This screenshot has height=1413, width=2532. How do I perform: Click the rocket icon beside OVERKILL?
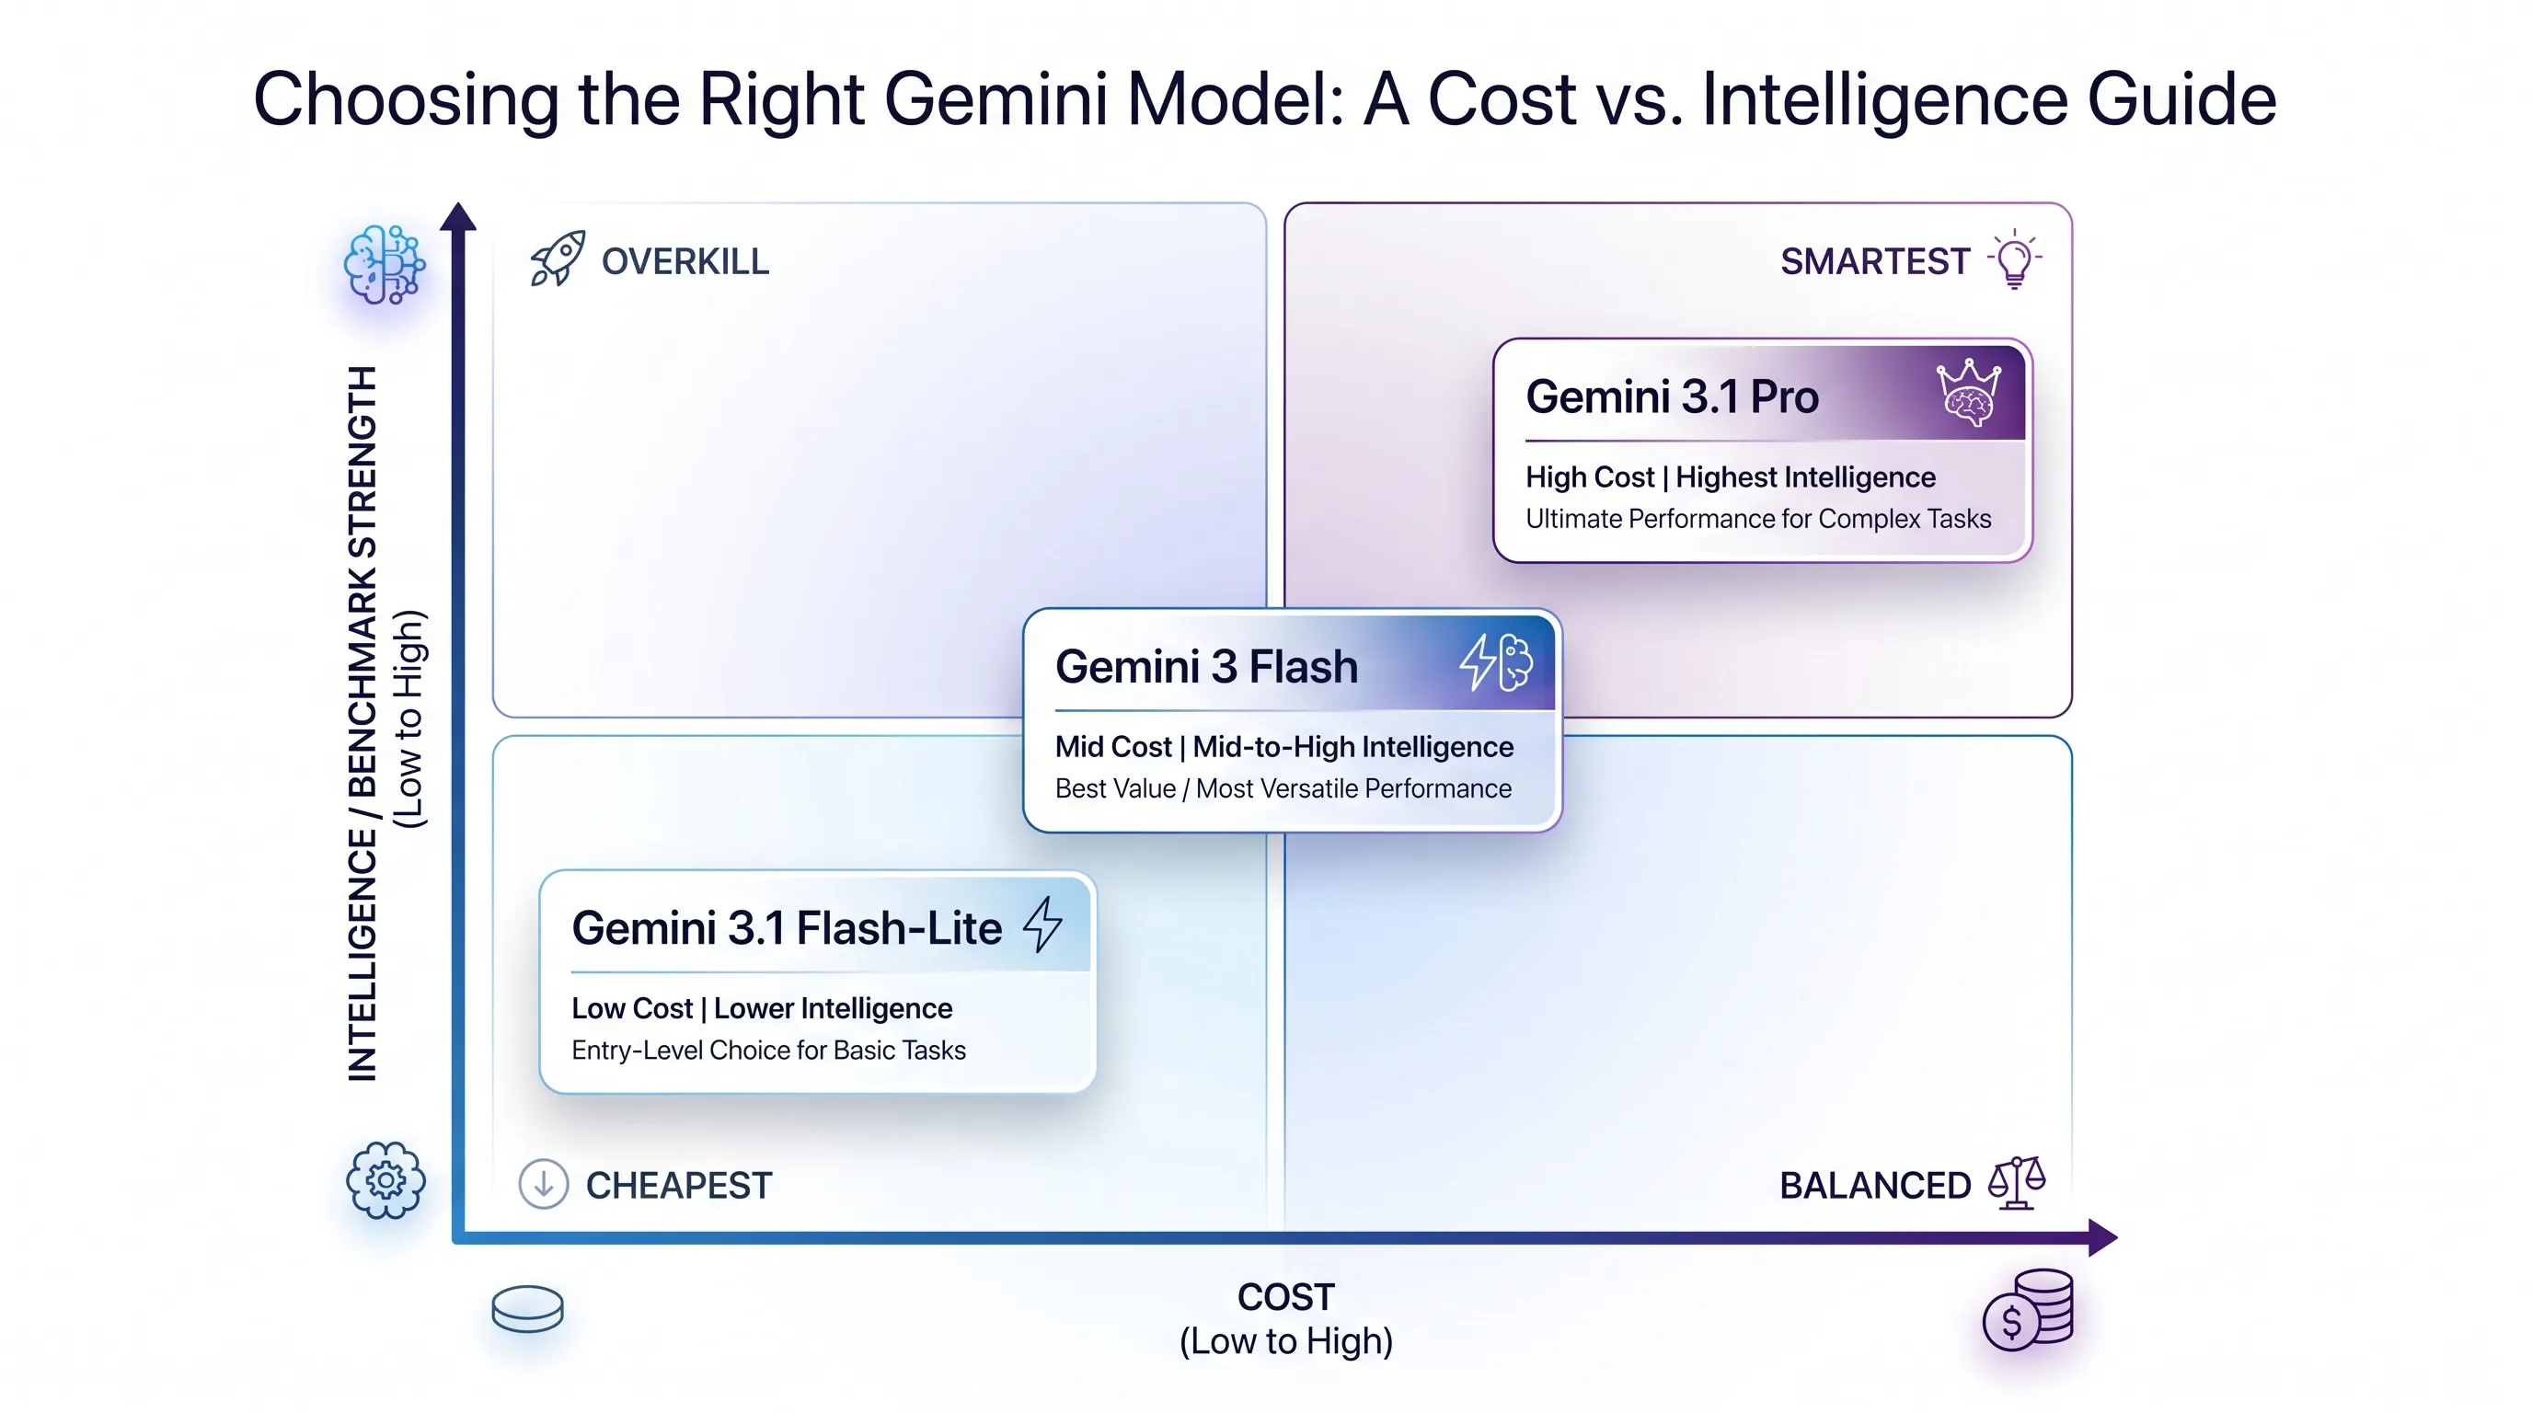click(x=558, y=258)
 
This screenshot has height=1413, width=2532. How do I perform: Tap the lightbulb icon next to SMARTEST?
click(x=2014, y=259)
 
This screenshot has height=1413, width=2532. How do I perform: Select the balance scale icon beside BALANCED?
click(x=2016, y=1183)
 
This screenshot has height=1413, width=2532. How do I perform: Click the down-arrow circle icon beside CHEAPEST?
click(x=543, y=1183)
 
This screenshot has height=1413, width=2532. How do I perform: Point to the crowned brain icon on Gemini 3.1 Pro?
click(x=1967, y=393)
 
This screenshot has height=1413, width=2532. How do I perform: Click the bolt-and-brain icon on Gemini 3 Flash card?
click(x=1496, y=662)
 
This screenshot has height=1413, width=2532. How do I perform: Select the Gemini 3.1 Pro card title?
click(x=1672, y=397)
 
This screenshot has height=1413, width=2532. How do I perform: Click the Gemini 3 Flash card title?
click(x=1206, y=667)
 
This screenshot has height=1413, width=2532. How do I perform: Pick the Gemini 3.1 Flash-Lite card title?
click(x=787, y=928)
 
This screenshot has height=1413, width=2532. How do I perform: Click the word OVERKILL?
click(x=685, y=262)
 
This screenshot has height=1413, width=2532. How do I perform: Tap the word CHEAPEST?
click(x=678, y=1186)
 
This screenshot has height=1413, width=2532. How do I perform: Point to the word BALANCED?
click(x=1874, y=1186)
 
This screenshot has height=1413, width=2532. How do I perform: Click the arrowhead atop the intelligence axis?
click(x=458, y=217)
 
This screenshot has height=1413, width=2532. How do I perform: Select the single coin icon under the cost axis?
click(x=528, y=1309)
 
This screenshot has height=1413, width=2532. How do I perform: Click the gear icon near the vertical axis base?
click(x=386, y=1180)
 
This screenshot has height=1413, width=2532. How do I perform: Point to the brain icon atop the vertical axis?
click(x=385, y=264)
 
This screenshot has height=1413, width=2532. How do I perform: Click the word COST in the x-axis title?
click(x=1285, y=1297)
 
